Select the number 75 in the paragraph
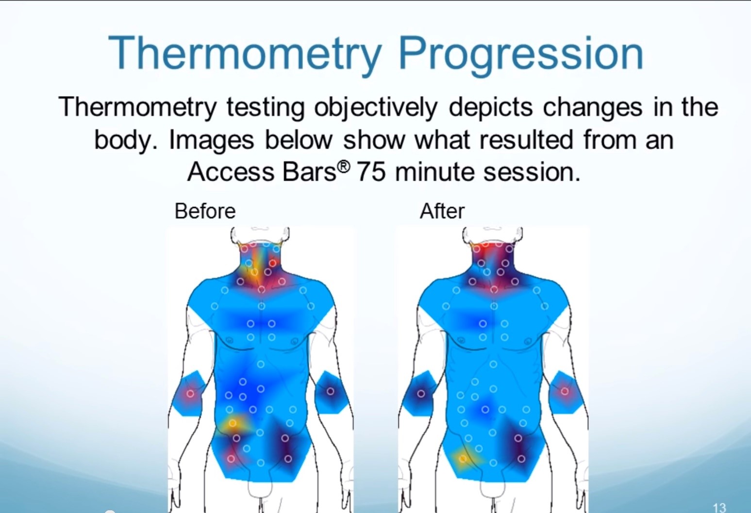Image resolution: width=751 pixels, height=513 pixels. pos(371,172)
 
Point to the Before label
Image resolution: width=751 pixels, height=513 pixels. pos(205,211)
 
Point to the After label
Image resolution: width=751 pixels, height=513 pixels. pos(442,211)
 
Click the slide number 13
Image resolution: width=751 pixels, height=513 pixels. pos(719,508)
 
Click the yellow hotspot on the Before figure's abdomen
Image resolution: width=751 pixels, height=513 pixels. pos(233,424)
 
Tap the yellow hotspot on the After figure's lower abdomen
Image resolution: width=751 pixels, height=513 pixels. pos(463,458)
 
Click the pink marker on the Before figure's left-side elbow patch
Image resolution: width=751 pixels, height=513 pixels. pos(190,394)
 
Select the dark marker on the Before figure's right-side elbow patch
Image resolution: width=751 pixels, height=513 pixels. pos(330,391)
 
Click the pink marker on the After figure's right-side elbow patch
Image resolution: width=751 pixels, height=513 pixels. pos(565,391)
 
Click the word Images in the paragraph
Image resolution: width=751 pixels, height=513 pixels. pos(212,140)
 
